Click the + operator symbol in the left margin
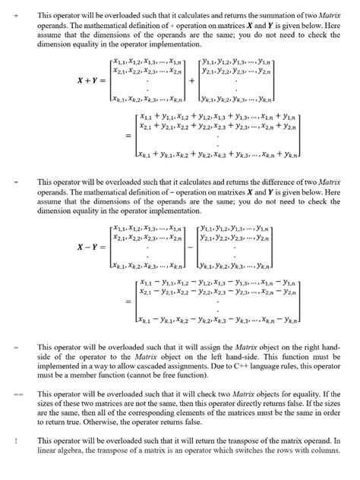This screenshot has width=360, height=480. click(15, 14)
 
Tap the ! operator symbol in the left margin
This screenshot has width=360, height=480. click(15, 441)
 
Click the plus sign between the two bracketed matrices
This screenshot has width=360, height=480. click(191, 79)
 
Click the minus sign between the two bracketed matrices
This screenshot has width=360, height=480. click(191, 247)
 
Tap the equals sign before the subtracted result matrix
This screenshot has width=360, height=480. click(128, 302)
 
